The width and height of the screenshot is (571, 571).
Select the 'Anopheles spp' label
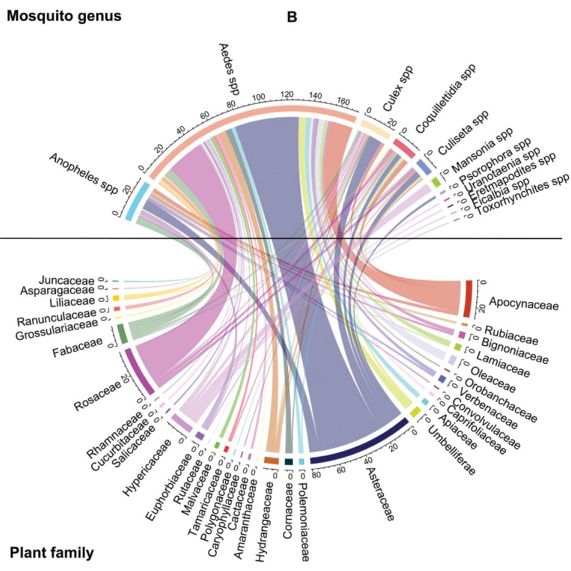pos(84,173)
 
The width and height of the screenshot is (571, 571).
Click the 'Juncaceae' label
pos(67,280)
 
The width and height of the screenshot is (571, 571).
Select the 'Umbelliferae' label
pos(452,451)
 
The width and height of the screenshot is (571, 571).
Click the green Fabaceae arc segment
pos(122,333)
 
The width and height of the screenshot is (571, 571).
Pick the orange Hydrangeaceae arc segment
pos(271,461)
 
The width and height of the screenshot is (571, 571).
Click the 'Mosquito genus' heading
pos(64,16)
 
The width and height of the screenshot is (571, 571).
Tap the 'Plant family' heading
pos(51,553)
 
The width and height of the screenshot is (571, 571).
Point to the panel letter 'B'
pos(292,17)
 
